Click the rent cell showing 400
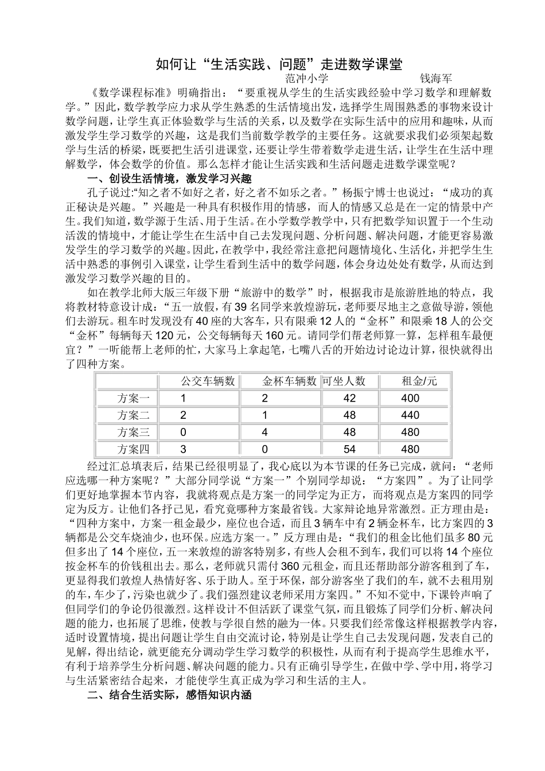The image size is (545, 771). coord(410,398)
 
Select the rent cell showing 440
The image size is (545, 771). coord(410,415)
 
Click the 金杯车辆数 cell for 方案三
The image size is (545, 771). coord(265,432)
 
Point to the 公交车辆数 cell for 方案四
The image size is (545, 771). coord(183,449)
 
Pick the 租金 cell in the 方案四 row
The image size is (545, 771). coord(410,449)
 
